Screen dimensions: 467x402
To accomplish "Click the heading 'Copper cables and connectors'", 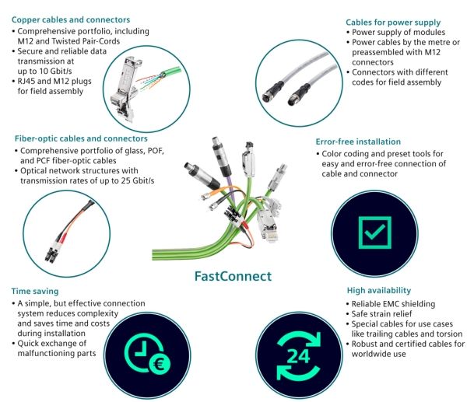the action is pos(71,20).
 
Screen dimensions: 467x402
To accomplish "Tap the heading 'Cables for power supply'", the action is pos(393,23).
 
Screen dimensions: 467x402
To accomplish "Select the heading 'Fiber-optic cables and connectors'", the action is pos(81,138).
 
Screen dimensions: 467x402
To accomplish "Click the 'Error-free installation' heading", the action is pos(358,142).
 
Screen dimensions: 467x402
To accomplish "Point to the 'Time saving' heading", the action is pos(35,292).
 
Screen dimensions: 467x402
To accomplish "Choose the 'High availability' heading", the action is pos(379,290).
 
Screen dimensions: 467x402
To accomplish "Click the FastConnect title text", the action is pos(233,276).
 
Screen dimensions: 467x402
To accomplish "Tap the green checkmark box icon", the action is pos(375,232).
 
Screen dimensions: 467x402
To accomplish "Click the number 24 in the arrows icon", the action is pos(298,356).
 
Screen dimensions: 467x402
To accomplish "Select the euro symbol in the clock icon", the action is pos(159,364).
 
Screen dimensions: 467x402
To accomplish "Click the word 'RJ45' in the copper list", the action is pos(26,81).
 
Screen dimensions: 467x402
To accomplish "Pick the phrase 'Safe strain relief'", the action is pos(382,314).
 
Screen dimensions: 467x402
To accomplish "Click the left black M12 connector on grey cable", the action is pos(272,92).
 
